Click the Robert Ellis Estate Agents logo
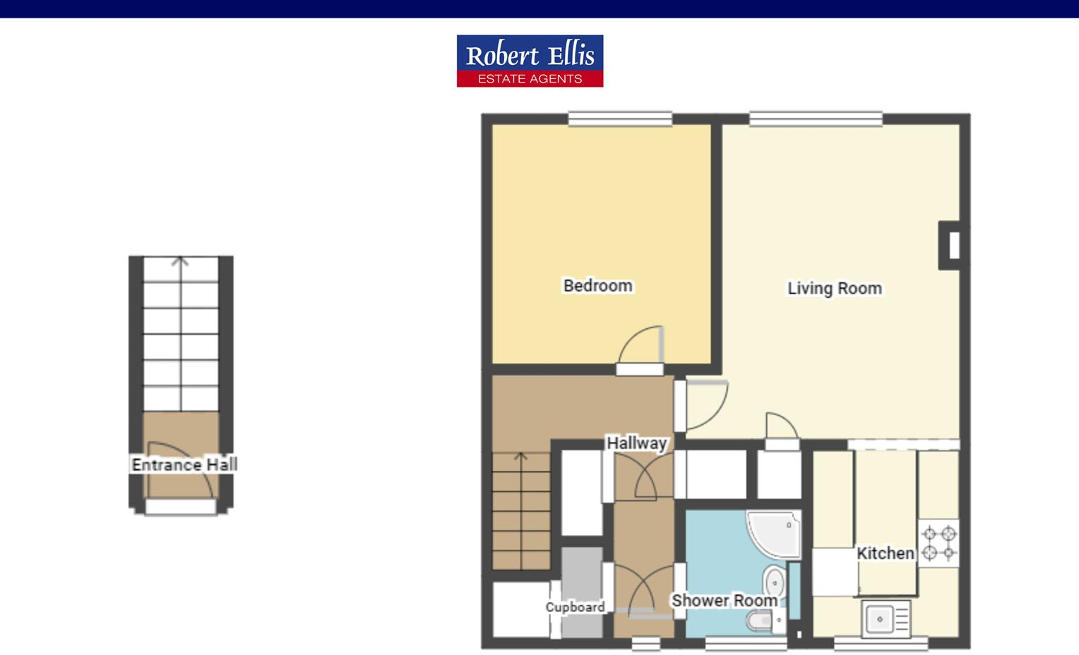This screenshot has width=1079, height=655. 530,61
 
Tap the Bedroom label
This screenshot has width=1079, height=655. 597,286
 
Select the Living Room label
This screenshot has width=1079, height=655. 834,288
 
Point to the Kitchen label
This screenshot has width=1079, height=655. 885,553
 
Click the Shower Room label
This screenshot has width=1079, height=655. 724,601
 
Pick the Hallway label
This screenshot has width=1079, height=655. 636,443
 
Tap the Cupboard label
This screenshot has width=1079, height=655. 575,607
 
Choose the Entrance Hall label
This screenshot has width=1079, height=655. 184,464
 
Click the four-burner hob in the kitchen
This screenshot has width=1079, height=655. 939,543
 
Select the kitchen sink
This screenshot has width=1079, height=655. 886,619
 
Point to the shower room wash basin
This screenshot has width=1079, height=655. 775,582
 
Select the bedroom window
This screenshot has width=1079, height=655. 620,119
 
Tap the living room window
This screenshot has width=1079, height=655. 816,119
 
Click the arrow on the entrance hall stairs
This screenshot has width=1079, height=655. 181,262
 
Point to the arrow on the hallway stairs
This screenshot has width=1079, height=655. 521,457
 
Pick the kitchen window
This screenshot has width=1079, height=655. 881,643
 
